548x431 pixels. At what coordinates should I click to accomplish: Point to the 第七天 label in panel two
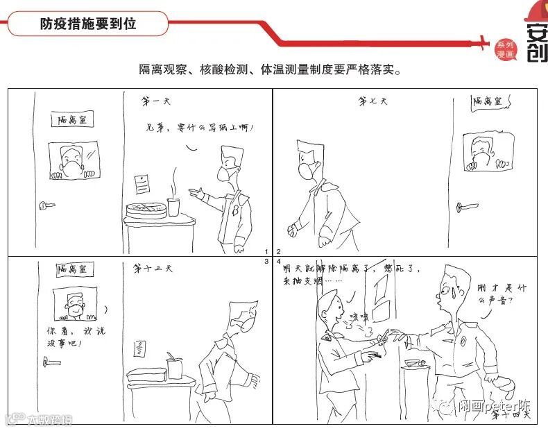point(373,102)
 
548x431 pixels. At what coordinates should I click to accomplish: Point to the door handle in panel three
point(51,360)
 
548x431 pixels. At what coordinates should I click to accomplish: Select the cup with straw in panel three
point(174,365)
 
